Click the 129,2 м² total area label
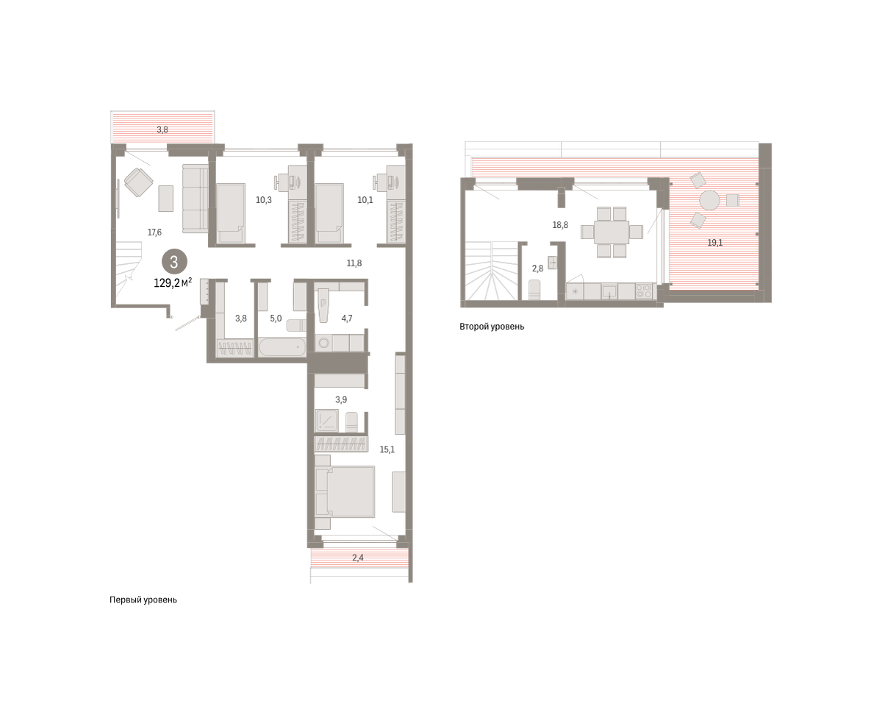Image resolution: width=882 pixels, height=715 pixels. click(173, 282)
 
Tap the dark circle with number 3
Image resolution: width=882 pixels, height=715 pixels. click(174, 262)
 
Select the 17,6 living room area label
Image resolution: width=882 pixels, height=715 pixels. click(154, 232)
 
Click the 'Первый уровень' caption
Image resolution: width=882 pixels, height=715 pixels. click(143, 600)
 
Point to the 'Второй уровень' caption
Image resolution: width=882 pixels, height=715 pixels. click(492, 327)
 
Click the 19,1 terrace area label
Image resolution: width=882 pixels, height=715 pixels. click(714, 243)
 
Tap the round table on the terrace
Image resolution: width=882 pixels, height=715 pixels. click(709, 200)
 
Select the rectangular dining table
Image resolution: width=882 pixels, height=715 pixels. click(612, 232)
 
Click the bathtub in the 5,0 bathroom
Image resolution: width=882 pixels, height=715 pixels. click(282, 347)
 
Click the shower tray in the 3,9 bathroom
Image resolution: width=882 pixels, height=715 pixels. click(327, 421)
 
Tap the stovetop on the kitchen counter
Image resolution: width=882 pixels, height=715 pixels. click(644, 291)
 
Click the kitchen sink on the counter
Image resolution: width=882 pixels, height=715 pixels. click(609, 291)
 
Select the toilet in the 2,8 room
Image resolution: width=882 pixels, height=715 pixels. click(534, 290)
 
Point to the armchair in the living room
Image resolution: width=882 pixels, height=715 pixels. click(139, 182)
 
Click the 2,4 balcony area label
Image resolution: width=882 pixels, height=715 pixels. click(358, 558)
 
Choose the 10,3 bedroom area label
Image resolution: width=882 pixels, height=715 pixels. click(263, 200)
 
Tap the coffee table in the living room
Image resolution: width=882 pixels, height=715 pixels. click(165, 199)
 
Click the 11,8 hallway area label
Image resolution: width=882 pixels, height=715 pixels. click(354, 263)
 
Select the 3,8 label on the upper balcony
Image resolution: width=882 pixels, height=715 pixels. click(162, 129)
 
